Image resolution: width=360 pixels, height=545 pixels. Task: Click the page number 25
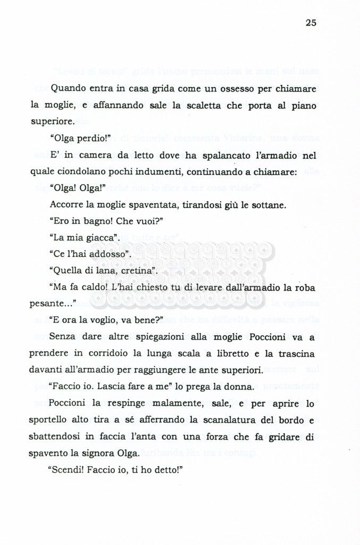[x=311, y=22]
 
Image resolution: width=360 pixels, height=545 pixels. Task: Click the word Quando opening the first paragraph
[x=69, y=88]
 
